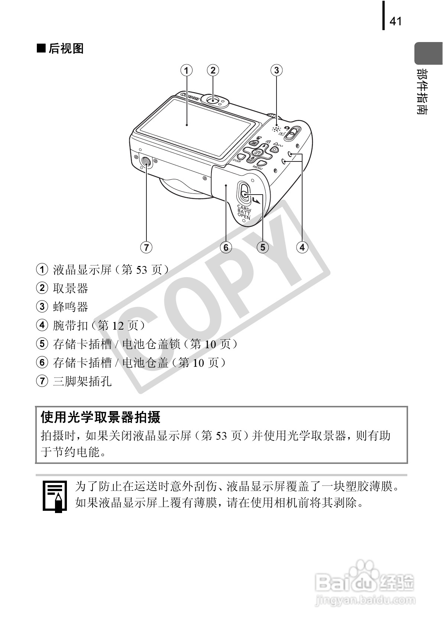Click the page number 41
coord(395,21)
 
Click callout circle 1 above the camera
coord(187,70)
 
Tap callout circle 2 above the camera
coord(213,70)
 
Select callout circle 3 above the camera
coord(276,70)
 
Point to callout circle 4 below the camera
coord(302,247)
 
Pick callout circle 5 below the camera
coord(263,247)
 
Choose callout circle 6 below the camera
coord(226,247)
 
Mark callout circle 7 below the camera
coord(146,247)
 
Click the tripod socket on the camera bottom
coord(146,161)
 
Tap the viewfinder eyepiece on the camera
coord(213,100)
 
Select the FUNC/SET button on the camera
coord(257,151)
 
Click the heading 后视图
coord(66,48)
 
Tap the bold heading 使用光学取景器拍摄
coord(100,417)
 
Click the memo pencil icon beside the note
coord(55,496)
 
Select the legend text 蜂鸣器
coord(70,307)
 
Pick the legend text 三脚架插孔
coord(82,381)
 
